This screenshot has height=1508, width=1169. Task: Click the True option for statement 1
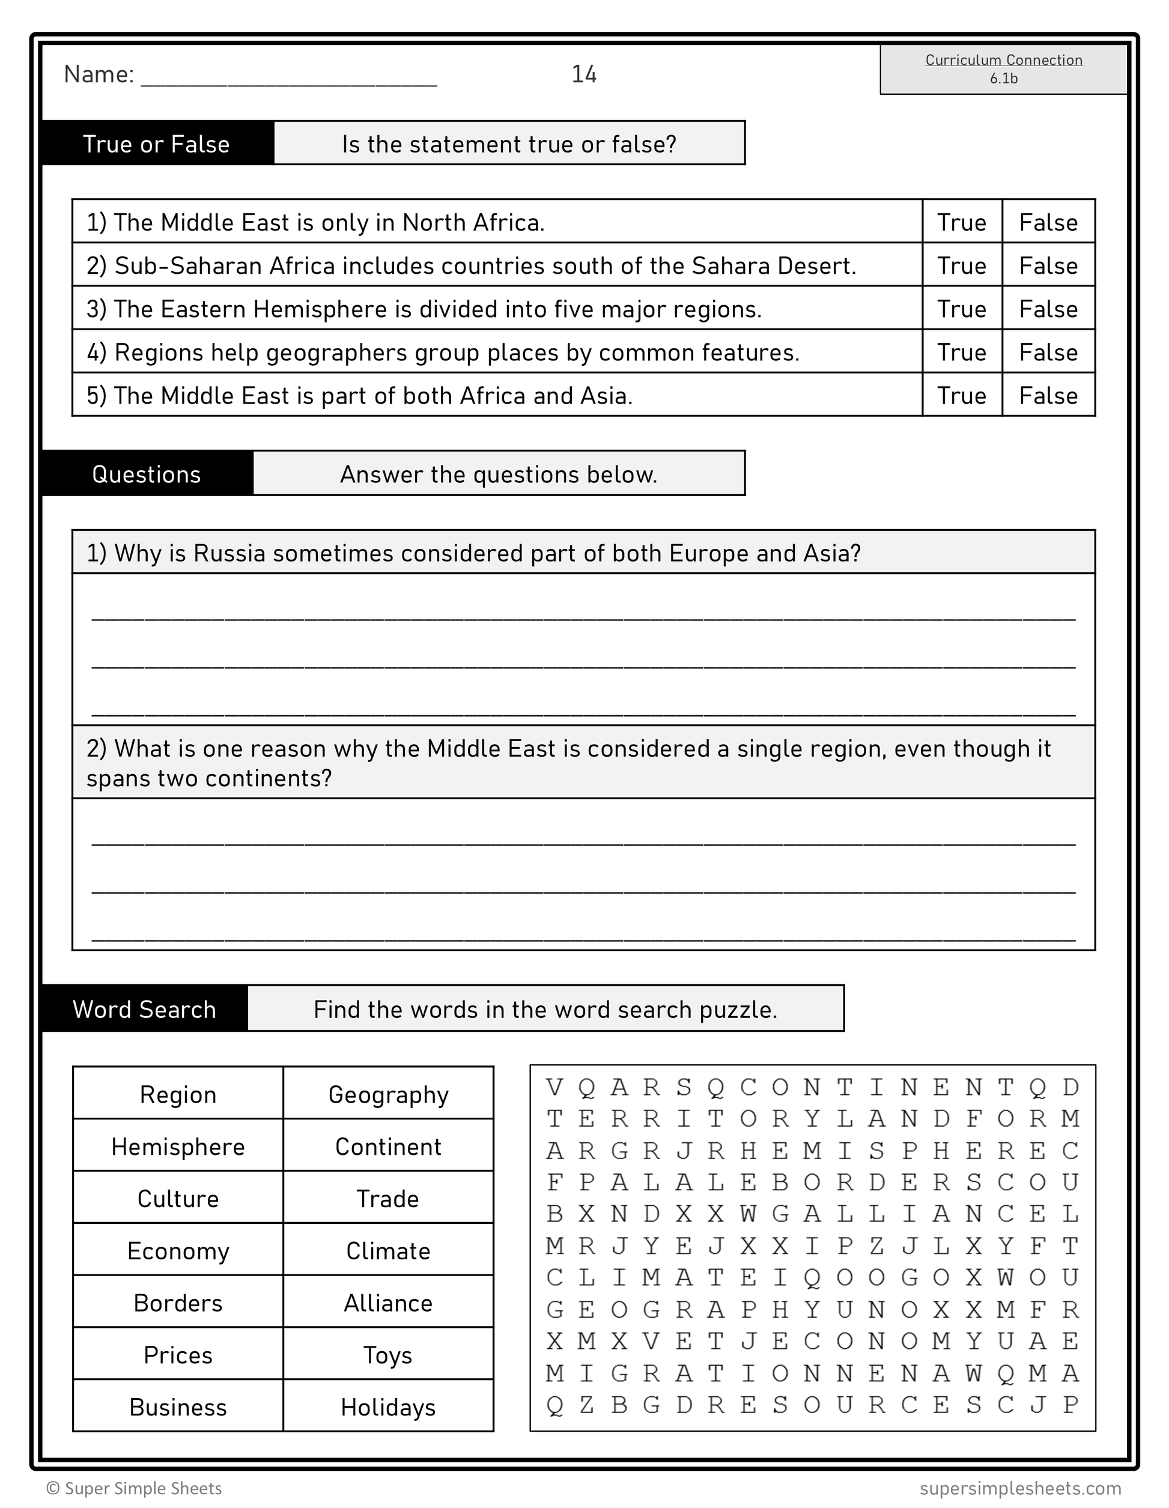961,222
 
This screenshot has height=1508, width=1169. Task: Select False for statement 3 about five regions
1048,309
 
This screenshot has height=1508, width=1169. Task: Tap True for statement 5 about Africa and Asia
961,396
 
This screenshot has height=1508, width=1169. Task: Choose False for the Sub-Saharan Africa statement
1048,266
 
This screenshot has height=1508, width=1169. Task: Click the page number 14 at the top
583,74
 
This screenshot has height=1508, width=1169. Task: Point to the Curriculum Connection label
1003,60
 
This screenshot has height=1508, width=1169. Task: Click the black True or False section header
157,144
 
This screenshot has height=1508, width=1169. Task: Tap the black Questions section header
147,474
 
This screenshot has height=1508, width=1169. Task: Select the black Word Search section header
144,1010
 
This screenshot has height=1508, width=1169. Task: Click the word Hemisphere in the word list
178,1147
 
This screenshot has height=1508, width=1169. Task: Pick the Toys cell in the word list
388,1355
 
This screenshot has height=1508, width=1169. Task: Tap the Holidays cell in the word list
388,1407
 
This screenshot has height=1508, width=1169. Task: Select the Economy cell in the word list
178,1251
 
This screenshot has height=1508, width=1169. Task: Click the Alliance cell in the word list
388,1303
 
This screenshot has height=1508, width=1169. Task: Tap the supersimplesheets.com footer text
1020,1488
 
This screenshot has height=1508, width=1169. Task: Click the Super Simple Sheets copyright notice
135,1488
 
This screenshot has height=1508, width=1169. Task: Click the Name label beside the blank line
99,74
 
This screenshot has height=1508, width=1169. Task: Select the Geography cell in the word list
388,1095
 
